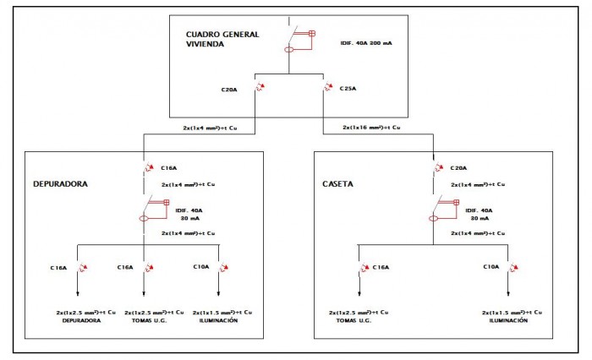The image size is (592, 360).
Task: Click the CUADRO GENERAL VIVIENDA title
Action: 222,39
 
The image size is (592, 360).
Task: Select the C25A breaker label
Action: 348,88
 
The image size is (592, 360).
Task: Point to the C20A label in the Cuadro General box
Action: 229,88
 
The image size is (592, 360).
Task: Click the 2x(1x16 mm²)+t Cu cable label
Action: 371,128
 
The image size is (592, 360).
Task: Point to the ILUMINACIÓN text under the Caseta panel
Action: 509,321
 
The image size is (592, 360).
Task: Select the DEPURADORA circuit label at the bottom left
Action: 82,320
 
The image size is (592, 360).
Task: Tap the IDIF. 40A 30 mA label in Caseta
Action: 479,214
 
